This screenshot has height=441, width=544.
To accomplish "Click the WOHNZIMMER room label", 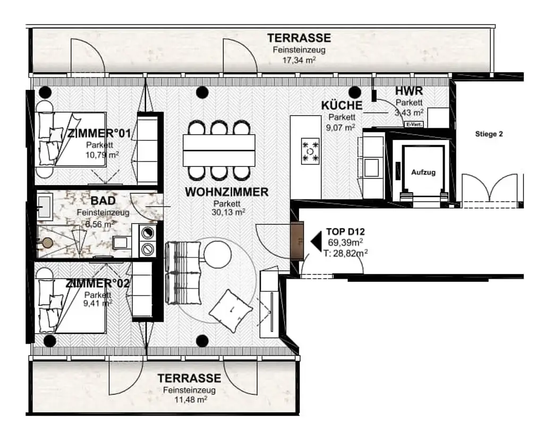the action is click(226, 192).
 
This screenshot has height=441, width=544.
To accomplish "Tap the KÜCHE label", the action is click(342, 105).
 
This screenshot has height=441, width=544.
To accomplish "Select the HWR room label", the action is click(409, 91).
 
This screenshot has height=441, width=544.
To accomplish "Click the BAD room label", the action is click(103, 201).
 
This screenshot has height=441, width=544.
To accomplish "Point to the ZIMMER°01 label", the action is click(99, 134).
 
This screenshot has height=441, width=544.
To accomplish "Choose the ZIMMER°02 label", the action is click(98, 283).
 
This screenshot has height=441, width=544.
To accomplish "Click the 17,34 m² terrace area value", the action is click(299, 60).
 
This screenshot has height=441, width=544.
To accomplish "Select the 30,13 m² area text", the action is click(228, 212).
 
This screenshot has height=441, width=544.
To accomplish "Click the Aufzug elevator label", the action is click(423, 172).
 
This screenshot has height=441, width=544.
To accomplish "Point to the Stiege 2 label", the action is click(489, 134).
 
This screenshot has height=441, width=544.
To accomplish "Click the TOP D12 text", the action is click(345, 232).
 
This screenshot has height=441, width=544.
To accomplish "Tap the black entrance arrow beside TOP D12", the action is click(316, 241).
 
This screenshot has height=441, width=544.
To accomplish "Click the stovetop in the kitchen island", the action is click(310, 151).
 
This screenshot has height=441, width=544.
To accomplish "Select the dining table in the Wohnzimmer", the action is click(219, 151).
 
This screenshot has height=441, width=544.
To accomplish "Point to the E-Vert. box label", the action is click(414, 124).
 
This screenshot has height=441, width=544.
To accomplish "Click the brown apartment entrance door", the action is click(297, 241).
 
